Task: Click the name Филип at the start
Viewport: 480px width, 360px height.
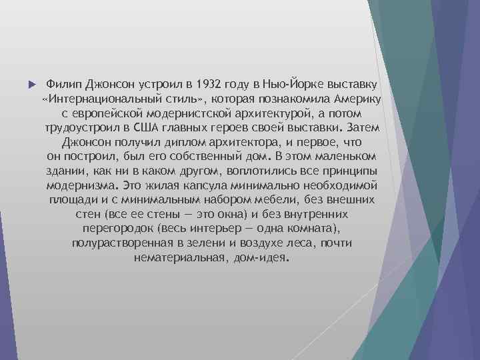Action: (62, 85)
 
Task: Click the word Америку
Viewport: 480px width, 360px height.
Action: (353, 100)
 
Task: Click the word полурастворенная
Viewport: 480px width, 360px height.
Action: (123, 243)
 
